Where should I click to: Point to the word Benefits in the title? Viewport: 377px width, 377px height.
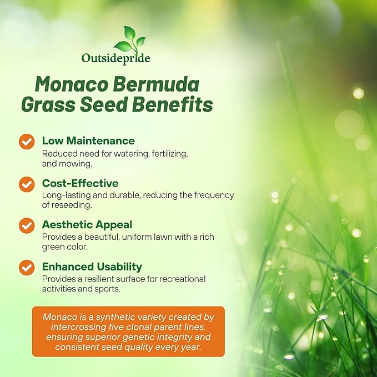click(172, 105)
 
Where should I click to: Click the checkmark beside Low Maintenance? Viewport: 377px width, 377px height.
click(27, 142)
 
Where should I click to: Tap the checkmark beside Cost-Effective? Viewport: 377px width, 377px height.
click(27, 184)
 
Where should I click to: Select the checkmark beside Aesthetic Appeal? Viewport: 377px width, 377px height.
click(27, 225)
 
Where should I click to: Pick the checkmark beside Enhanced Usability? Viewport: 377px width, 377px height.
click(27, 267)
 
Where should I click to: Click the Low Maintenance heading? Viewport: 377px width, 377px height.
click(88, 140)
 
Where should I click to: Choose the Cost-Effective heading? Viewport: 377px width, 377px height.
click(80, 183)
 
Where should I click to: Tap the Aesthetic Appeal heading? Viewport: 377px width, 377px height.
click(87, 224)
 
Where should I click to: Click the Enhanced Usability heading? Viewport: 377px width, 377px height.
click(92, 267)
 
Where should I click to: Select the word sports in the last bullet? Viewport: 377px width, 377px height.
click(108, 289)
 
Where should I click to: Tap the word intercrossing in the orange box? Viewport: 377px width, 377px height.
click(71, 328)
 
